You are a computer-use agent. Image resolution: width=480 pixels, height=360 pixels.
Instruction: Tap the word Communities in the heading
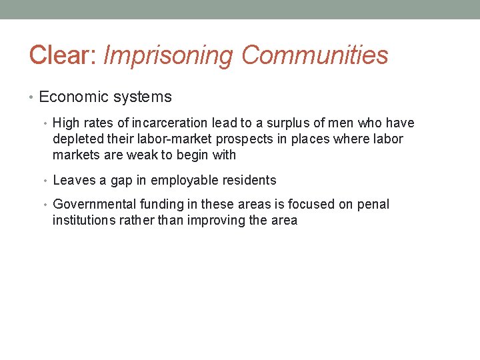315,55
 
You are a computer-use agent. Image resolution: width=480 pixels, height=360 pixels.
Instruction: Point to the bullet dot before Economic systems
33,97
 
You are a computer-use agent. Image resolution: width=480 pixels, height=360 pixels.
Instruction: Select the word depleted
78,139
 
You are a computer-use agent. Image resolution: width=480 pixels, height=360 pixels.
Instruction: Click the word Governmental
93,205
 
